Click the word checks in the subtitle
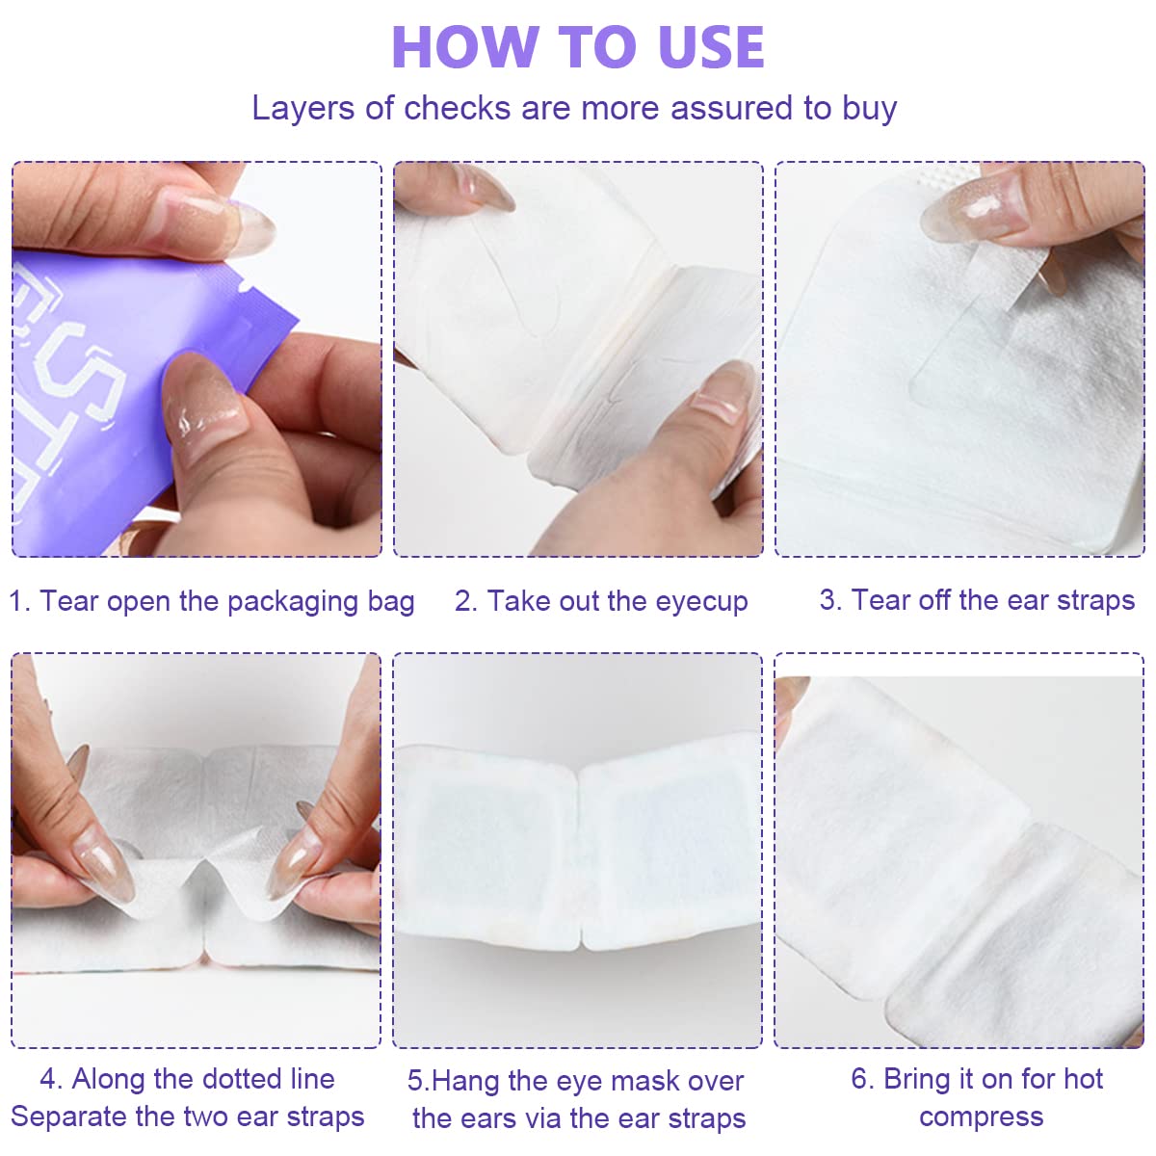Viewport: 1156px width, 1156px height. click(457, 108)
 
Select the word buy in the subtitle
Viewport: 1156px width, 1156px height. click(869, 108)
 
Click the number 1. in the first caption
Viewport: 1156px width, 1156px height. click(19, 601)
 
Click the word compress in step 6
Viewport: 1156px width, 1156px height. click(981, 1117)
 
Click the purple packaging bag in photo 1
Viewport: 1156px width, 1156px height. click(106, 366)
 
